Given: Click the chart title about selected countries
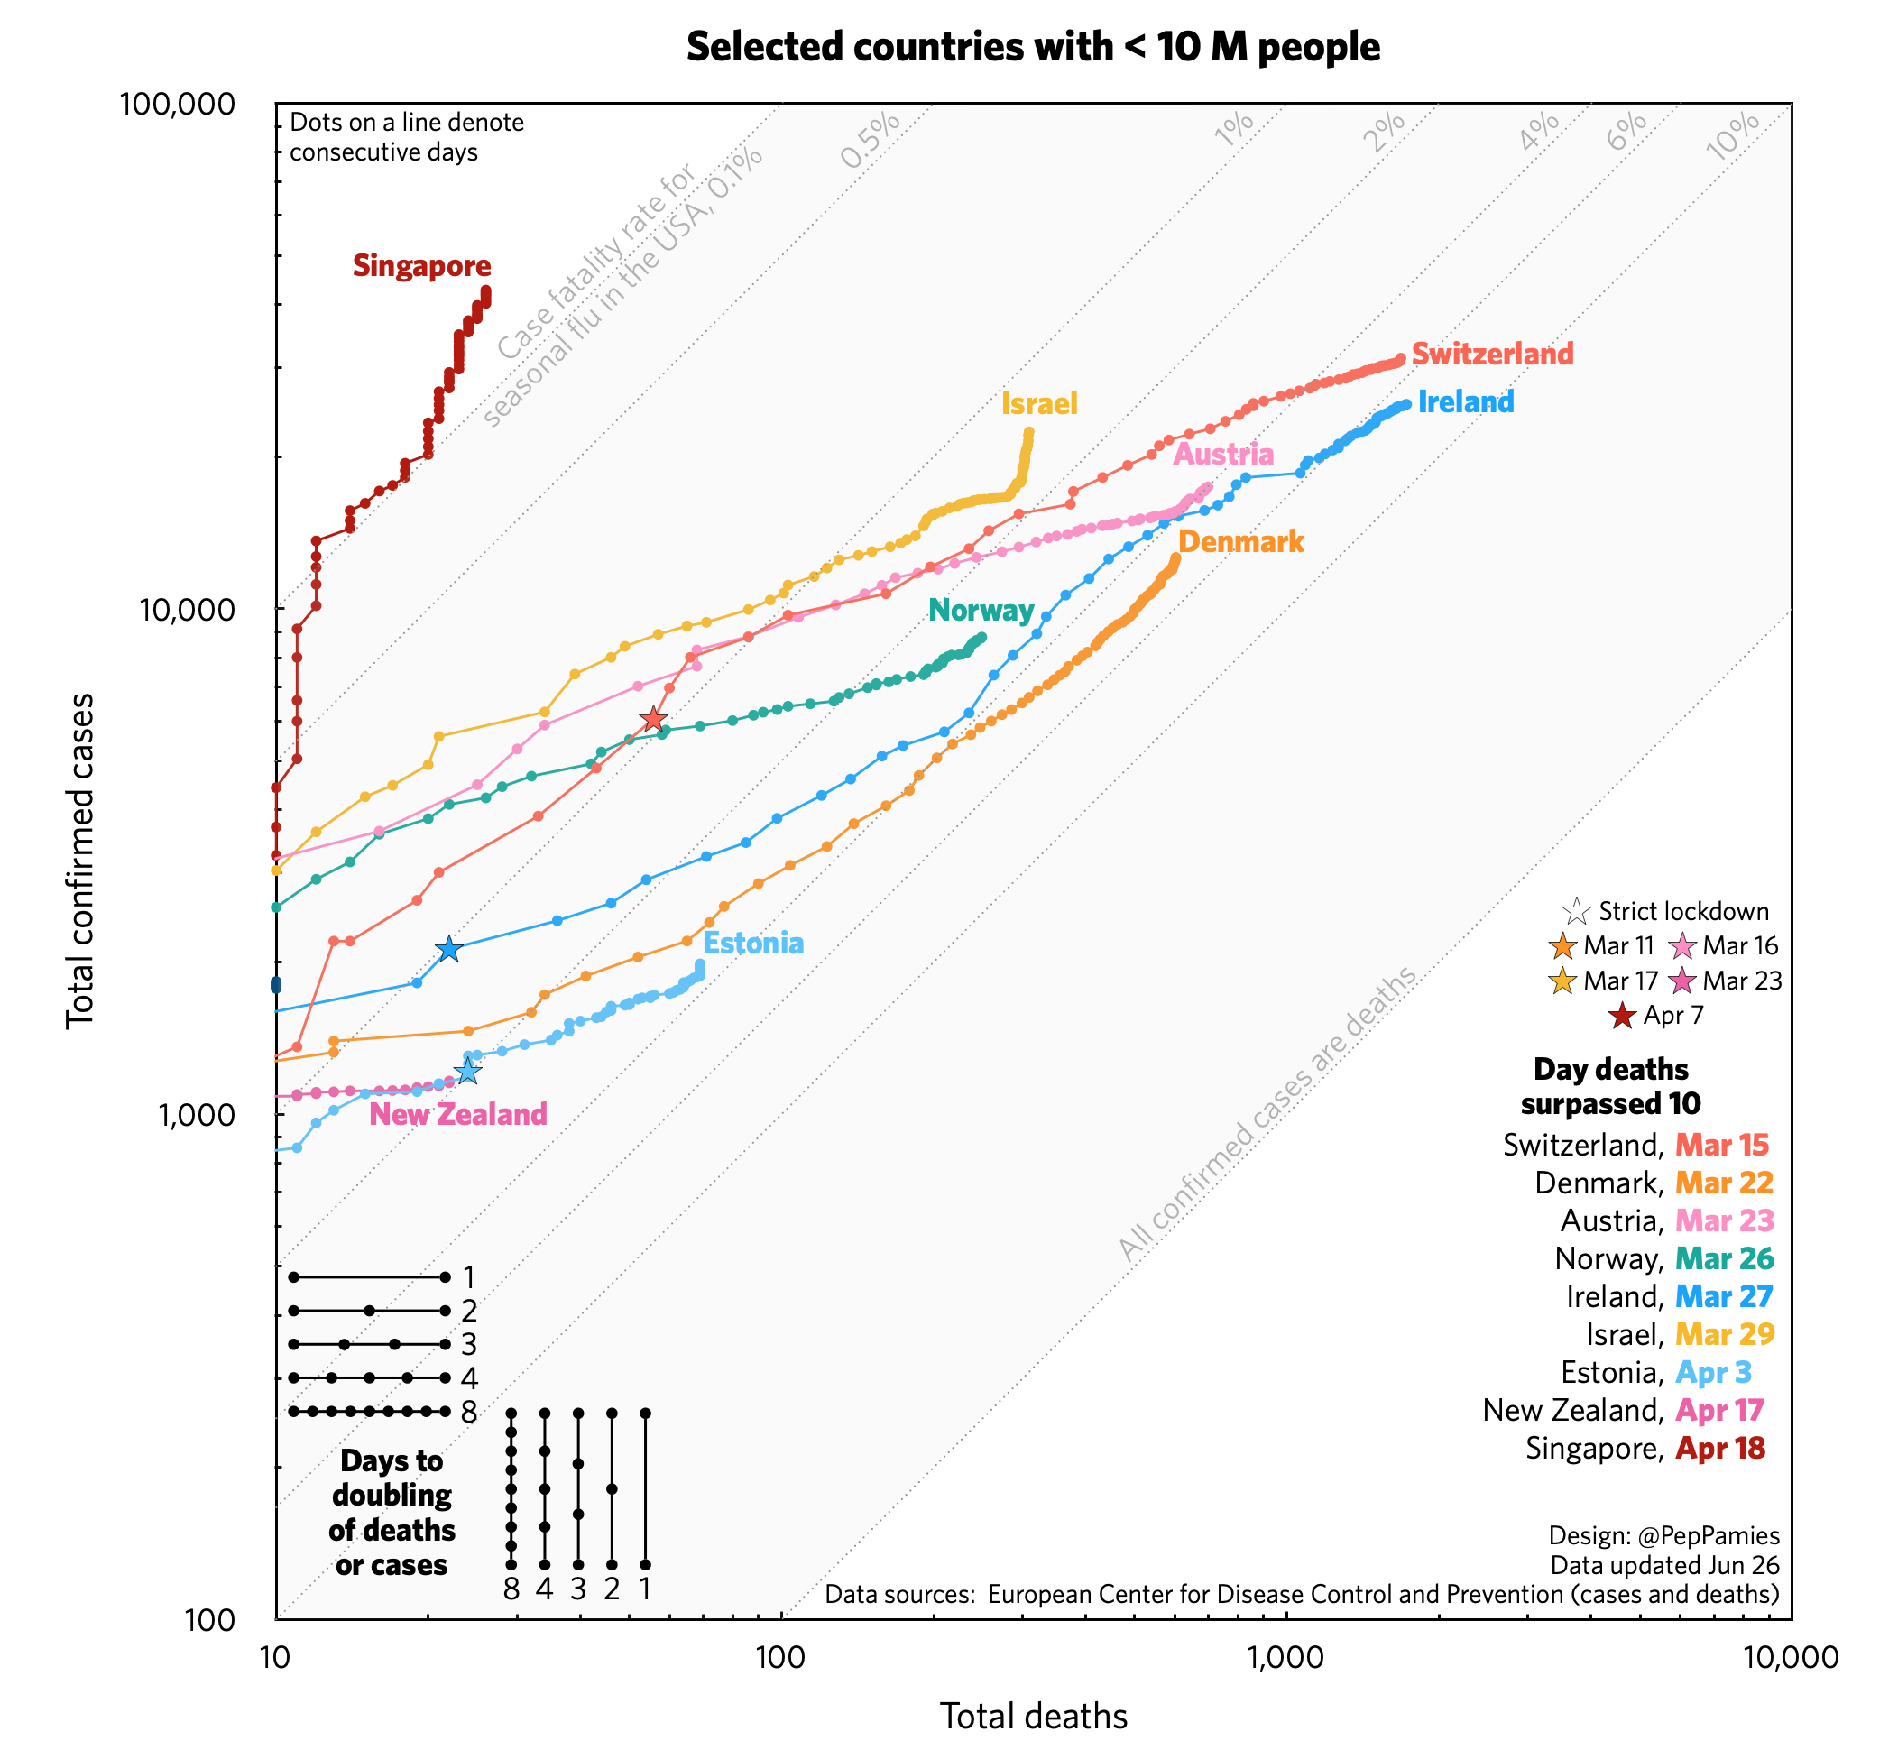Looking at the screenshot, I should pos(1032,47).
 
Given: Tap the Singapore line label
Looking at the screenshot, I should pos(421,265).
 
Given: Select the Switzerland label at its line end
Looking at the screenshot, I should pos(1491,355).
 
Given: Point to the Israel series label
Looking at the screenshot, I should pos(1038,403).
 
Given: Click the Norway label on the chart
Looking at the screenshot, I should pos(981,610).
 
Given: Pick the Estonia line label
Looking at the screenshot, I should pos(753,944).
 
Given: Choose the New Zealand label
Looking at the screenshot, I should pos(458,1115).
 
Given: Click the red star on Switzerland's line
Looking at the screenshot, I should pos(652,720).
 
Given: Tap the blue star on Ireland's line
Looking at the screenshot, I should pos(448,949).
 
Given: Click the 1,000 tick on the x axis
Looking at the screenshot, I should pos(1286,1657).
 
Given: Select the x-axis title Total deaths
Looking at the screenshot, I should pos(1033,1717).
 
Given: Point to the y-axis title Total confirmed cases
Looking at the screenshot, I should pos(81,861).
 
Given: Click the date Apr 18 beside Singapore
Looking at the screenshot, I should pos(1719,1448).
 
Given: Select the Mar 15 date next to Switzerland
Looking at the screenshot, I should pos(1721,1144).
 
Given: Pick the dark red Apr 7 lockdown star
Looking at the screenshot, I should pos(1622,1016).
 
